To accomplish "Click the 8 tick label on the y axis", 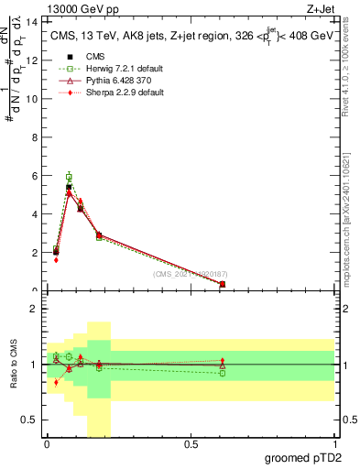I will pyautogui.click(x=35, y=136).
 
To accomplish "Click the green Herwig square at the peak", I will pyautogui.click(x=69, y=176).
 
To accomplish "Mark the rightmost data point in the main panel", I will pyautogui.click(x=223, y=284).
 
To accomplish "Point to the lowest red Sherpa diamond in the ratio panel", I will pyautogui.click(x=56, y=383).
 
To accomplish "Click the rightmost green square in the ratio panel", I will pyautogui.click(x=223, y=373).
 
